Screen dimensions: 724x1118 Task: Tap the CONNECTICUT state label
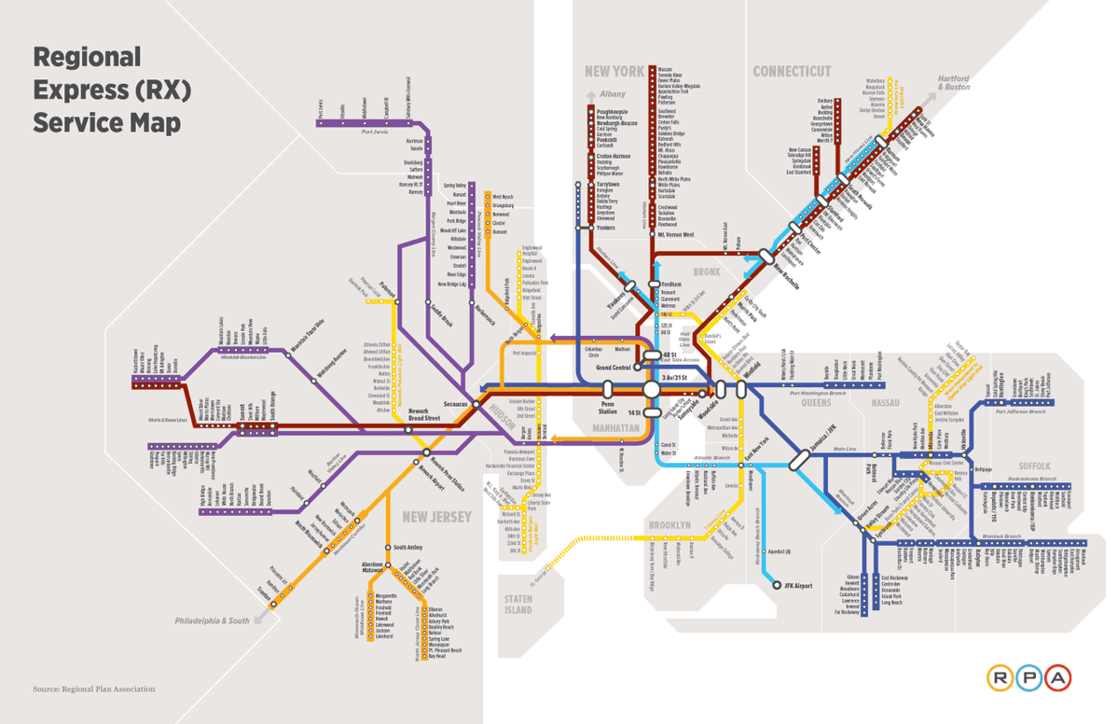click(792, 72)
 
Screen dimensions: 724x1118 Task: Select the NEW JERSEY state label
click(437, 517)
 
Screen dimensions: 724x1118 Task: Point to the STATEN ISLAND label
click(518, 605)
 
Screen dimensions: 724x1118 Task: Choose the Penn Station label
click(607, 405)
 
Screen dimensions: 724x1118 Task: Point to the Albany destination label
click(613, 94)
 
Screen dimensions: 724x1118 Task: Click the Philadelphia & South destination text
click(213, 620)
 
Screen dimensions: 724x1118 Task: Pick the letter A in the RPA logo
click(1058, 677)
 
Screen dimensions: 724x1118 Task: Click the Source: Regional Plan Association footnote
click(93, 689)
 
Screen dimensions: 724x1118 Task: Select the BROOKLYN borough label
click(669, 526)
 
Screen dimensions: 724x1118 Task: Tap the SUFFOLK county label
click(1034, 466)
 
